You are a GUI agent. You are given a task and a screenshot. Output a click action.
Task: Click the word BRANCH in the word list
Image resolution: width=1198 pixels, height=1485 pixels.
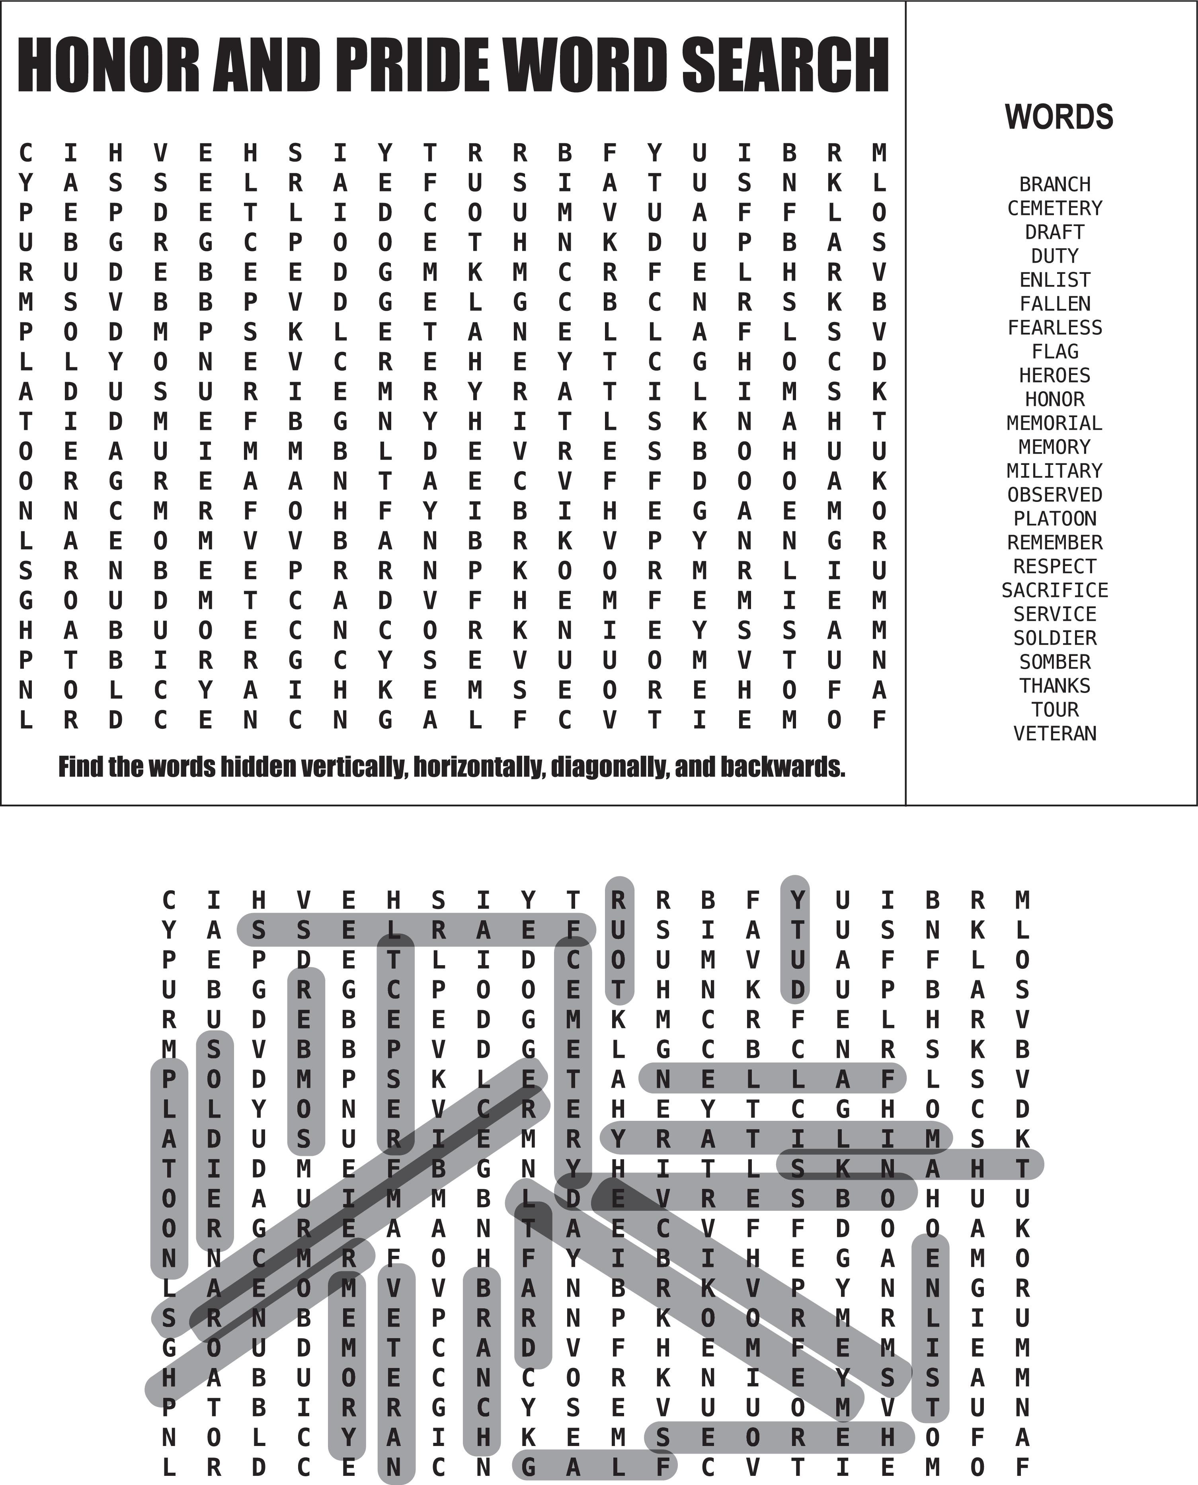point(1054,184)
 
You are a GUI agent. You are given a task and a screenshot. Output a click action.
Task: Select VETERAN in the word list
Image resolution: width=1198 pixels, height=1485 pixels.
point(1054,733)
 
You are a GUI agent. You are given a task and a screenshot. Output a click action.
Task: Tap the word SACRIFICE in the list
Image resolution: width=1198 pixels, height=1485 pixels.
point(1054,590)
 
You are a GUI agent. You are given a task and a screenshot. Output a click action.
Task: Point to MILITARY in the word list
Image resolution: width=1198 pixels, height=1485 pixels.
point(1054,470)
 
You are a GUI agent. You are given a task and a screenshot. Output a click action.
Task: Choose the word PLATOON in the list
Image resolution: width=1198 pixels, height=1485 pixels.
point(1054,518)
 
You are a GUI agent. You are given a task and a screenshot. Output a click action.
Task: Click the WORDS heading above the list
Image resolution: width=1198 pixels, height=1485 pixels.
point(1059,117)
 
